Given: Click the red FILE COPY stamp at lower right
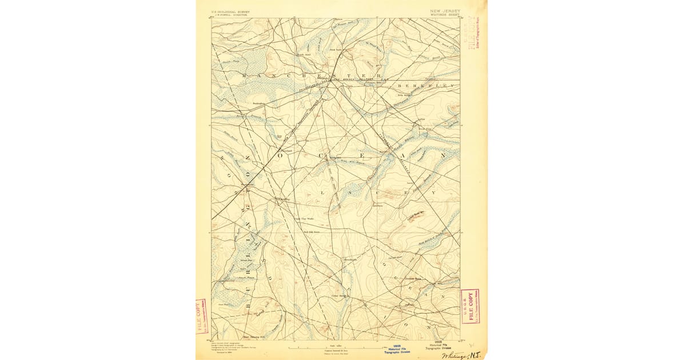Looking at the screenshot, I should pos(470,306).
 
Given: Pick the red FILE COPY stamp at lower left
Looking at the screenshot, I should pos(202,315).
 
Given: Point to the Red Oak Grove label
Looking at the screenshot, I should pos(312,232).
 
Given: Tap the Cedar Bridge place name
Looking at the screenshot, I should pos(339,295).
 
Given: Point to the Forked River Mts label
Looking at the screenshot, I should pos(416,216).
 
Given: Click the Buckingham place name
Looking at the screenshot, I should pos(261,103).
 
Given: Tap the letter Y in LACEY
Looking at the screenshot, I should pos(434,193).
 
